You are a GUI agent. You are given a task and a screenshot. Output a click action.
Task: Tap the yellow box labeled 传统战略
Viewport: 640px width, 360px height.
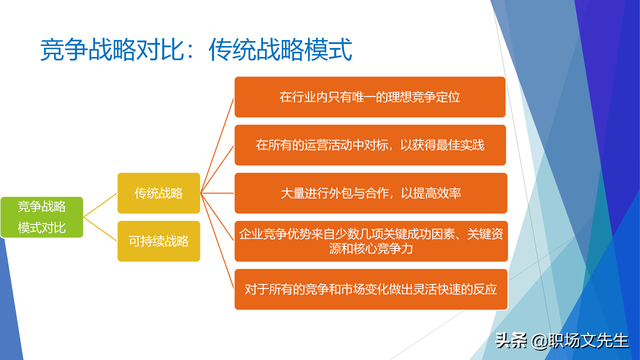(x=158, y=192)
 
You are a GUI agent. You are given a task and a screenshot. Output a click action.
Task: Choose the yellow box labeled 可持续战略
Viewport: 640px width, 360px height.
(x=158, y=240)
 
